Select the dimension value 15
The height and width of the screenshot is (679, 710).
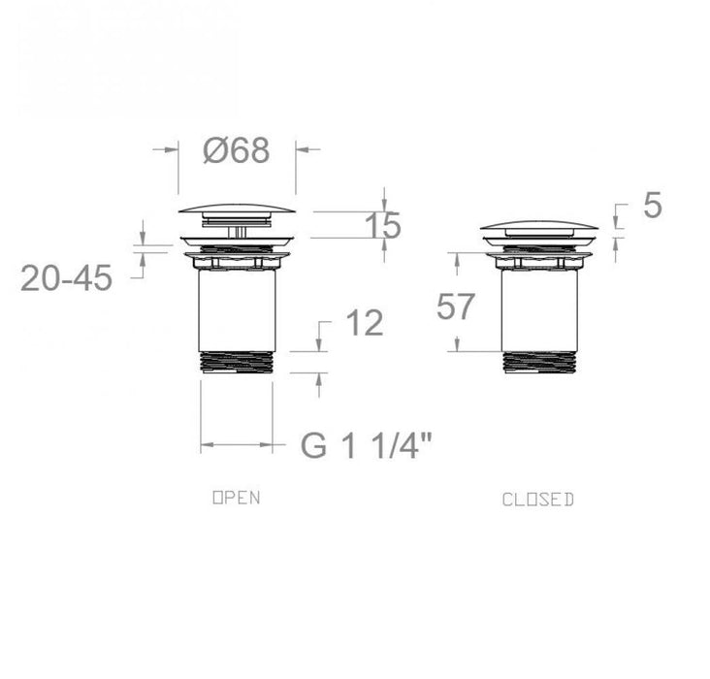click(383, 225)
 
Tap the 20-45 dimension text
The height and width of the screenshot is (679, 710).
click(66, 278)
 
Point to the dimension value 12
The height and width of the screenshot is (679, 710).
click(364, 324)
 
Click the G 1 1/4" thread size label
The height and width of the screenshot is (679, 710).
click(367, 446)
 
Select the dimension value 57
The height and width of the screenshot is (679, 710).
click(456, 307)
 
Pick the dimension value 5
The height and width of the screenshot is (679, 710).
click(652, 206)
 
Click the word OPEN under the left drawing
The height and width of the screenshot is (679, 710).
click(237, 498)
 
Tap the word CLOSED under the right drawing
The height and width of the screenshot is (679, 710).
click(538, 500)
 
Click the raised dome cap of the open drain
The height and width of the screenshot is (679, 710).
click(237, 208)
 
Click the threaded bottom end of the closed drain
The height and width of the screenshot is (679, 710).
click(539, 362)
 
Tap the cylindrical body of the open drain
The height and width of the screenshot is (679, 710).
click(237, 310)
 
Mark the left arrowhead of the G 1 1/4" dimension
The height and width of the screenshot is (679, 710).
click(206, 447)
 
